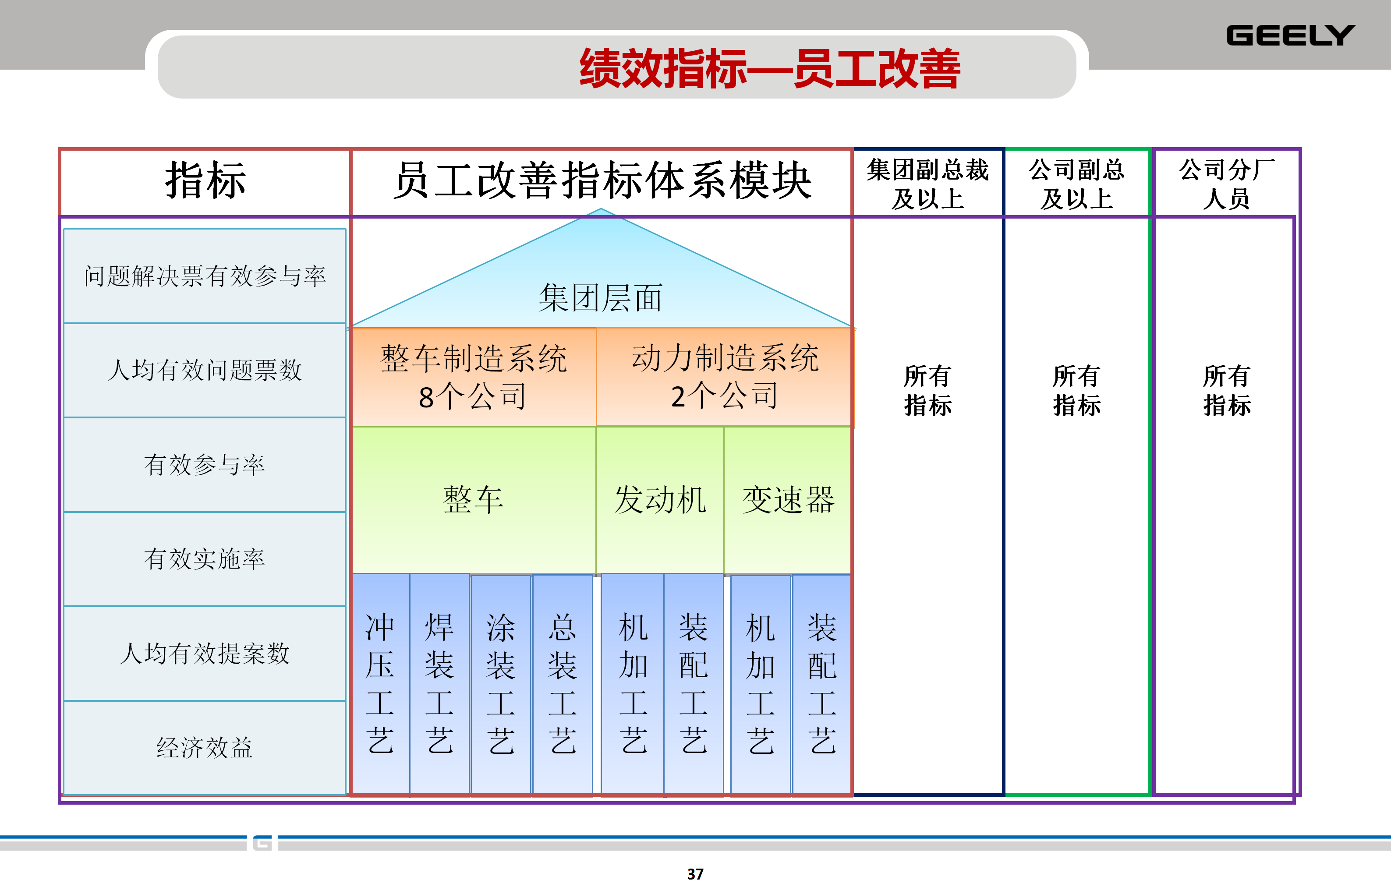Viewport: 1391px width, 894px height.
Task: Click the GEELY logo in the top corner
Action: tap(1290, 35)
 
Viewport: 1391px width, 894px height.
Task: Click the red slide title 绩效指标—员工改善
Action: tap(769, 68)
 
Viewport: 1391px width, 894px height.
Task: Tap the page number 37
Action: tap(695, 874)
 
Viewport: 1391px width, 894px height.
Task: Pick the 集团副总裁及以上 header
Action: tap(928, 184)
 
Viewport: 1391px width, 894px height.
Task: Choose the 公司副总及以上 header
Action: tap(1077, 184)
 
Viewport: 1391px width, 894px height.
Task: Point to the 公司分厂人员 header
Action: tap(1226, 184)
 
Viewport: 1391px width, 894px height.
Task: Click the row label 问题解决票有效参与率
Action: tap(205, 276)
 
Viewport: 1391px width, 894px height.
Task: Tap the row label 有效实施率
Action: tap(205, 559)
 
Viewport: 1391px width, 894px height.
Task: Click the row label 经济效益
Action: tap(205, 748)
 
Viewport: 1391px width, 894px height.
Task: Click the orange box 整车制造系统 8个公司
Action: tap(474, 377)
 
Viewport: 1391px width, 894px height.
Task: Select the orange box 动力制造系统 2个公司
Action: tap(725, 377)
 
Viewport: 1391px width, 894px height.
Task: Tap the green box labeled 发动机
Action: tap(660, 500)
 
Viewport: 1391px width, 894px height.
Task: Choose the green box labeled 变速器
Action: tap(788, 500)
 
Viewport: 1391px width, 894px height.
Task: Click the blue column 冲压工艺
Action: tap(380, 683)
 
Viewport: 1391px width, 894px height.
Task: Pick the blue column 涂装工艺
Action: tap(500, 683)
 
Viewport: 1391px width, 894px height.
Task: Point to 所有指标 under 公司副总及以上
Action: tap(1077, 391)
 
